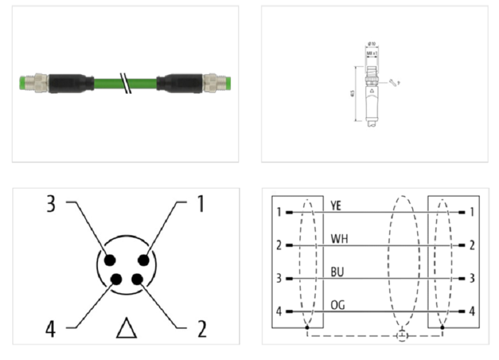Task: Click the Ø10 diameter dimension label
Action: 372,43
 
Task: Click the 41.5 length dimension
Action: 354,94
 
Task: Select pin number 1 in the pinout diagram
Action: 200,203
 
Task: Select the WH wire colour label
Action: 339,238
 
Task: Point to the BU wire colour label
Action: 337,272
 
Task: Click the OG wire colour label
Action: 338,304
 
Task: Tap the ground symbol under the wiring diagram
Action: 402,337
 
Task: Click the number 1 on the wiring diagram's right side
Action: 472,213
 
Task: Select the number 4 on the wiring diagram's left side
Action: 279,311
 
